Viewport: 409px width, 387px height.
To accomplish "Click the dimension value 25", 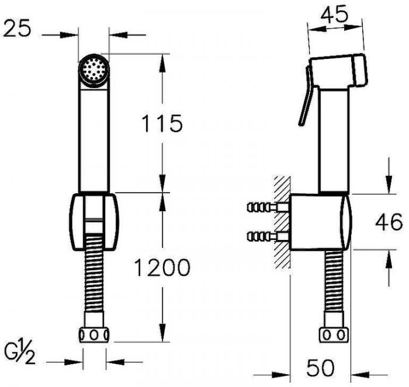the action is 17,28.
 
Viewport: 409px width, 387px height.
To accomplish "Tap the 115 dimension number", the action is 162,123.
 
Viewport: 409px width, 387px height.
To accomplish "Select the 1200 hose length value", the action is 162,267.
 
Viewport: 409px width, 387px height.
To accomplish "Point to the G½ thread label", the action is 20,351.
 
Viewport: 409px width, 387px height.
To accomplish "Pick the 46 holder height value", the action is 389,222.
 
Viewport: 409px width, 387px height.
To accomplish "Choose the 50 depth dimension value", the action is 320,368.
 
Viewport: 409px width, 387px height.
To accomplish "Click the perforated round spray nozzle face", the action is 93,69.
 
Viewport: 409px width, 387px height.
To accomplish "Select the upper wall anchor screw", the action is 268,207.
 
